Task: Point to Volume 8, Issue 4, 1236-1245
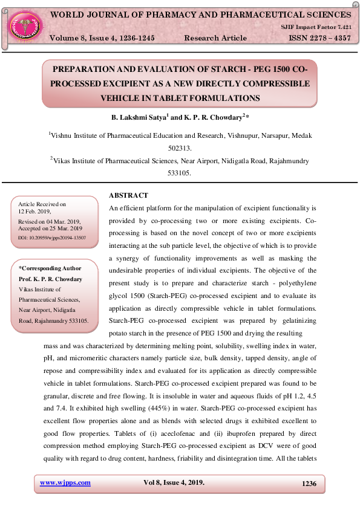click(x=102, y=37)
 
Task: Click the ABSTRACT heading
click(x=128, y=195)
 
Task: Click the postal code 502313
click(x=180, y=148)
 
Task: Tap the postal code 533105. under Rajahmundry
click(x=180, y=173)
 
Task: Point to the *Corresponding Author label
click(x=50, y=268)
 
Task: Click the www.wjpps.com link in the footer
click(x=65, y=482)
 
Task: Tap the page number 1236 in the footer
click(x=309, y=483)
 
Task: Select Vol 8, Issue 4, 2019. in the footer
click(x=174, y=482)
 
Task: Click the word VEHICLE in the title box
click(x=122, y=97)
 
